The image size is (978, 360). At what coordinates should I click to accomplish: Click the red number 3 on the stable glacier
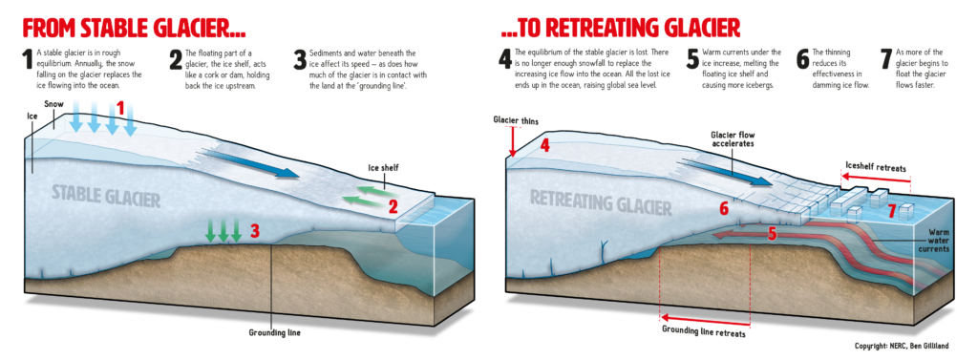click(254, 230)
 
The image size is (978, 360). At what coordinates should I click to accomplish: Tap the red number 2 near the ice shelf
click(393, 204)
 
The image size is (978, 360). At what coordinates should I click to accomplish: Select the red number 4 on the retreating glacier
click(544, 146)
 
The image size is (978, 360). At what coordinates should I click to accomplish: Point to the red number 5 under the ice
click(771, 232)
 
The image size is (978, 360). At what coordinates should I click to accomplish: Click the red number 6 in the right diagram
click(724, 207)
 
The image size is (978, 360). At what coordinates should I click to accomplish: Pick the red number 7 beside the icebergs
click(890, 209)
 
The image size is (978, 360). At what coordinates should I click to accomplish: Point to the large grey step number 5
click(693, 61)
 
